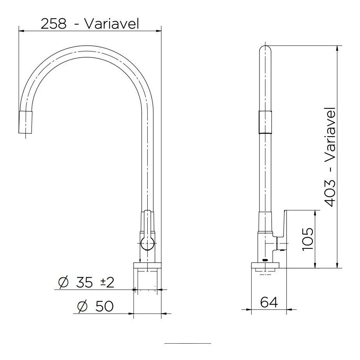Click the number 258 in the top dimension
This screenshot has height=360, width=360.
click(x=53, y=24)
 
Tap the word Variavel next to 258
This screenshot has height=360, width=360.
click(x=111, y=24)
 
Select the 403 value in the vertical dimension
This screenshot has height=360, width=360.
click(x=330, y=193)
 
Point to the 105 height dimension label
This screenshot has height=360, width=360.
click(x=307, y=239)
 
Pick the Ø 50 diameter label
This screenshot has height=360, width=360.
click(x=95, y=307)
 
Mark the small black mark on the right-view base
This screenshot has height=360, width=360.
click(x=265, y=260)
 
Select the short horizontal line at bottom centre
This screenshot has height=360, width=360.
click(x=187, y=343)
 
